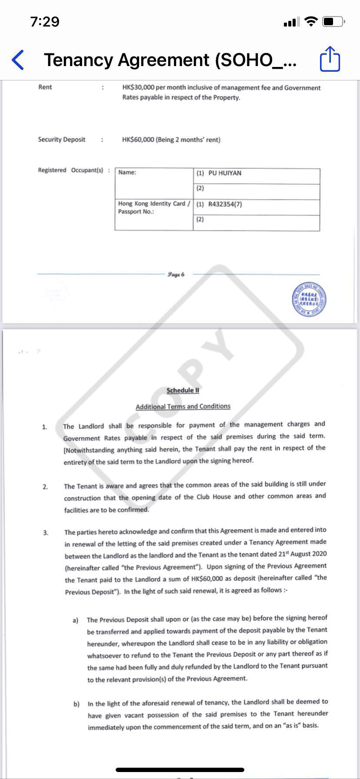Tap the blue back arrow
(18, 60)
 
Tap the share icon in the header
(330, 60)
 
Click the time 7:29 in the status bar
(45, 21)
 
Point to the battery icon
(333, 21)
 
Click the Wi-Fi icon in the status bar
(311, 21)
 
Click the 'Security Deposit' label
(62, 140)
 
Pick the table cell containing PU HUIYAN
(257, 173)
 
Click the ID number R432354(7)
(225, 204)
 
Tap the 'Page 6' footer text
(176, 274)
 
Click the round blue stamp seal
(310, 300)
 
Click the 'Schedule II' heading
(183, 390)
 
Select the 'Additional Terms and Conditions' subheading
(183, 406)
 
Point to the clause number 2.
(45, 487)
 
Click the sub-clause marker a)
(76, 620)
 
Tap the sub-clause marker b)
(77, 704)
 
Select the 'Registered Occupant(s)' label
(71, 170)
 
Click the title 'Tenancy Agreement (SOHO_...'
(170, 60)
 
